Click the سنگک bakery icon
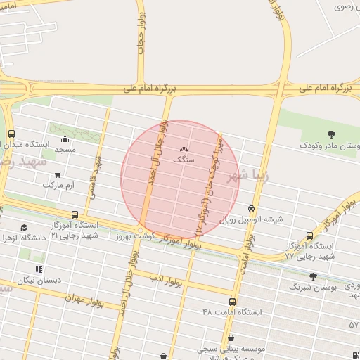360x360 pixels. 184,148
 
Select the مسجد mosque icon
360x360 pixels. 65,139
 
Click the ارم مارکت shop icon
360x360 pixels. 58,174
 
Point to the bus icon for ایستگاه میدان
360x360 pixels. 11,134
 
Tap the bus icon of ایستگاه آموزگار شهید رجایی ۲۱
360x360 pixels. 75,214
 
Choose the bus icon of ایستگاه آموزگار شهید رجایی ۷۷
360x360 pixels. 310,236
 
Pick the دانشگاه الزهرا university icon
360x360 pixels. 25,227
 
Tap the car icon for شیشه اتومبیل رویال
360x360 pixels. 251,208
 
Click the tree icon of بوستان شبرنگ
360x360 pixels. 313,276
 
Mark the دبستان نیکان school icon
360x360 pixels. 39,269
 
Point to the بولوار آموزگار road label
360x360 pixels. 181,243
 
